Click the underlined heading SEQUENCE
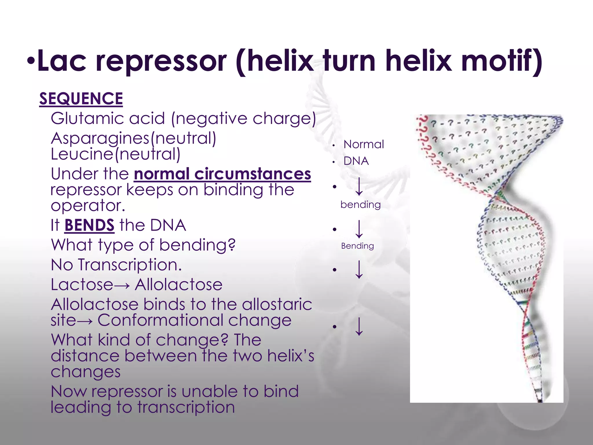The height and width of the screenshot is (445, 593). click(x=81, y=99)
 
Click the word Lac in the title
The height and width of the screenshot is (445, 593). click(x=62, y=61)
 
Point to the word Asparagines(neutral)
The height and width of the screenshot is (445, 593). click(x=133, y=138)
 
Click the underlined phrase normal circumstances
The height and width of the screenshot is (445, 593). click(x=222, y=174)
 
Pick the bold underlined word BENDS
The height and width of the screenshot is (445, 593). click(x=89, y=225)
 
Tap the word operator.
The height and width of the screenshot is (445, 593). click(x=88, y=206)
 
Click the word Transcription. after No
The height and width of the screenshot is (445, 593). click(x=130, y=265)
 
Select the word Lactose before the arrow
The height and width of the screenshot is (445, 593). click(x=82, y=284)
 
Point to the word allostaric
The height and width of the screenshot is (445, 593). click(x=277, y=304)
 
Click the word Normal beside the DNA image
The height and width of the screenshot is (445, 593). click(x=364, y=144)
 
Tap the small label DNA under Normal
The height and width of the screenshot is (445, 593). click(x=356, y=161)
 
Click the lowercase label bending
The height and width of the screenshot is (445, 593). click(x=360, y=205)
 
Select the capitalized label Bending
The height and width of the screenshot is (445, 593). click(x=357, y=246)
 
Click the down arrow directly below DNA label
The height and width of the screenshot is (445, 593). click(x=359, y=187)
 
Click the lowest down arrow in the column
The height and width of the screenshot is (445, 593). click(x=359, y=327)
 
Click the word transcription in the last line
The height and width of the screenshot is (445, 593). click(x=186, y=407)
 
